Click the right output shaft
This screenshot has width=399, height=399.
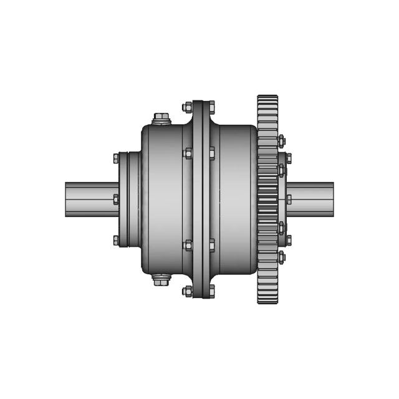pos(312,199)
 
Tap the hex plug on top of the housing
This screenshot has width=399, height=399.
pos(161,118)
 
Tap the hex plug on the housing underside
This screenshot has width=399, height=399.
pos(161,281)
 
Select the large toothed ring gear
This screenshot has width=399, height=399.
pos(267,199)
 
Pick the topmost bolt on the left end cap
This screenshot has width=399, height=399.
pos(116,159)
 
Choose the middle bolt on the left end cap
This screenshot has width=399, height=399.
pos(116,199)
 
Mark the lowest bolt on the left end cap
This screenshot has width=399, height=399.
pos(116,240)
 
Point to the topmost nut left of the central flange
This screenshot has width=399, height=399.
pos(188,107)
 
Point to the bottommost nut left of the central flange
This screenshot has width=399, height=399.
pos(188,291)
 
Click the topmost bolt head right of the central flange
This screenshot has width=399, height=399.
pos(211,107)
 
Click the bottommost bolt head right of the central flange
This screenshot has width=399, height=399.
pos(211,291)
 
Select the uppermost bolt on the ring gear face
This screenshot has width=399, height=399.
pos(281,141)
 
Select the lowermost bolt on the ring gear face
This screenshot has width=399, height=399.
pos(281,257)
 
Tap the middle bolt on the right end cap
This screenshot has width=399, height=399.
pos(288,199)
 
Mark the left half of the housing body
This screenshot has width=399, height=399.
pos(163,199)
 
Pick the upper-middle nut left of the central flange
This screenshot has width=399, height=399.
pos(188,153)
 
